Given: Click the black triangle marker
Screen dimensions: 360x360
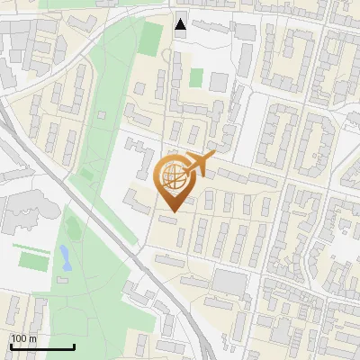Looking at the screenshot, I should (181, 24).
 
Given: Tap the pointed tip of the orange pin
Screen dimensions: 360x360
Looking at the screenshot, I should (172, 211).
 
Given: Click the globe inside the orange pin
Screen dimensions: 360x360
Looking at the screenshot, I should (171, 176).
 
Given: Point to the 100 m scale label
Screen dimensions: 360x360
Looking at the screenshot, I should (23, 338).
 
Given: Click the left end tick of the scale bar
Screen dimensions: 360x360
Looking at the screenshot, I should (10, 346).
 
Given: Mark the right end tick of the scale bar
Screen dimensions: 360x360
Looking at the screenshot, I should (74, 346).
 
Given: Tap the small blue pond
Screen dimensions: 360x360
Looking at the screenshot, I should (64, 258).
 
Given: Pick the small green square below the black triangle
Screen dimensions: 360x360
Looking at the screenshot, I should (195, 78).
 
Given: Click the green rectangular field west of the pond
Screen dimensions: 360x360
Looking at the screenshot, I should (33, 261).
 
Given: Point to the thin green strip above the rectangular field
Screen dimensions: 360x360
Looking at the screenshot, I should (30, 245).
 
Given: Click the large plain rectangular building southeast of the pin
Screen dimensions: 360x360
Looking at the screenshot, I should (229, 284).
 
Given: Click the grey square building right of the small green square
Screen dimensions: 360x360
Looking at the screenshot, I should (218, 82).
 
